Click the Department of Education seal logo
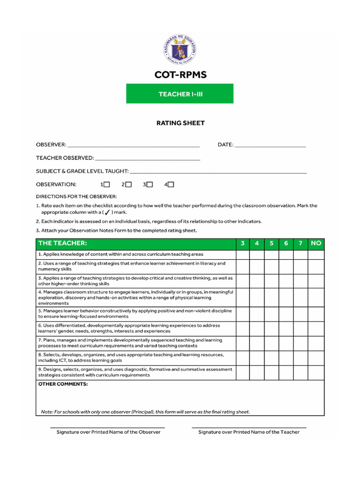(180, 50)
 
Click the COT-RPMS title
(180, 75)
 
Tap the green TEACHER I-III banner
(180, 94)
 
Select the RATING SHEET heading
(180, 123)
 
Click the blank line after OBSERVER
(134, 146)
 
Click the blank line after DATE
(270, 146)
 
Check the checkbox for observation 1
(107, 185)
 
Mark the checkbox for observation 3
(150, 185)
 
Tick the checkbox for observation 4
(171, 185)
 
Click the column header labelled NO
(316, 243)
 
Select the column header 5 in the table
(271, 243)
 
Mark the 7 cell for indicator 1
(300, 254)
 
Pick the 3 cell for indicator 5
(242, 314)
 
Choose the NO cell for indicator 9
(316, 372)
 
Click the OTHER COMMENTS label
(63, 384)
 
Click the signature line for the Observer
(108, 427)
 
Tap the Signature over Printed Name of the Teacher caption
(249, 432)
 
